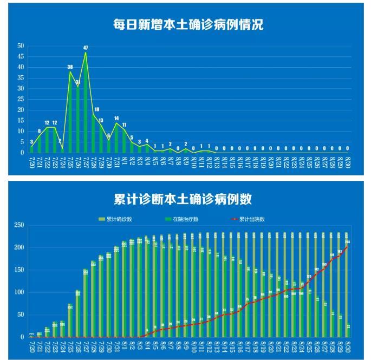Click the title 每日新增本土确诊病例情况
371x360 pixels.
188,24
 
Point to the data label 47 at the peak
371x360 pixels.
86,48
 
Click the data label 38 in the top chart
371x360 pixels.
70,67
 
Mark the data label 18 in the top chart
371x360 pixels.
96,110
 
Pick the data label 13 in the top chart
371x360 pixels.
101,120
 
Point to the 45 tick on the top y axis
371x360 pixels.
21,56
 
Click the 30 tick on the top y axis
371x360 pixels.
21,88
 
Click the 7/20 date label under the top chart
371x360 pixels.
31,162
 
